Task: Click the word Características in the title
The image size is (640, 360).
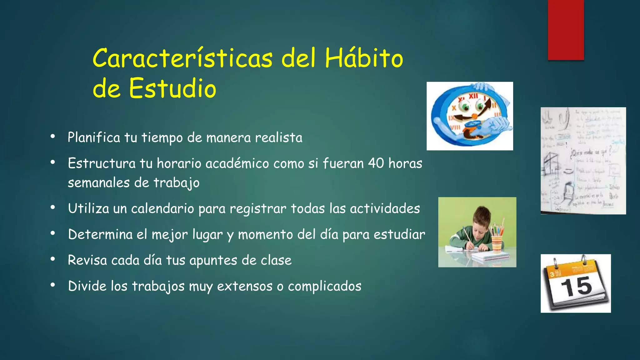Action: click(182, 58)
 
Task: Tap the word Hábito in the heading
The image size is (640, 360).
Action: click(364, 58)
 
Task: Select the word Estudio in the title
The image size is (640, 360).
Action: click(172, 88)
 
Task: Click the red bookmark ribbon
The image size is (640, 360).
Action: click(566, 30)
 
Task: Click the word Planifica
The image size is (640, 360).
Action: click(94, 138)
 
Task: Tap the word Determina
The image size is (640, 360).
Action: click(100, 234)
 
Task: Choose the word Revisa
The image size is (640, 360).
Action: click(87, 260)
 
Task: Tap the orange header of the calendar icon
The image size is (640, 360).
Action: click(575, 270)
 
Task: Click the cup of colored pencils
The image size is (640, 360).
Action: click(497, 239)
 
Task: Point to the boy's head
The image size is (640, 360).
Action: click(481, 219)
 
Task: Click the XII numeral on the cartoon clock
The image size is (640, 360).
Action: click(473, 96)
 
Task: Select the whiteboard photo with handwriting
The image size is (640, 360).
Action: click(583, 161)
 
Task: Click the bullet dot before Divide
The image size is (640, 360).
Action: click(53, 285)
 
